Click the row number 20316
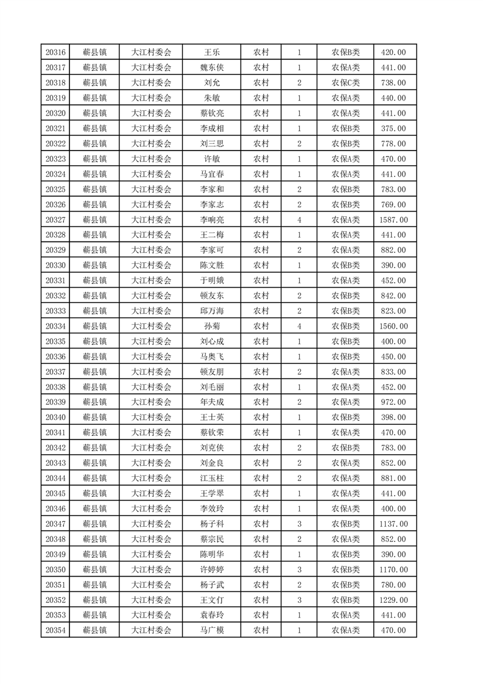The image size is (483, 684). click(55, 52)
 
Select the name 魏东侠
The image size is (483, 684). click(211, 68)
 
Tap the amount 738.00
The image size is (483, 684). click(393, 83)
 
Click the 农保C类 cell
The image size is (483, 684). click(345, 83)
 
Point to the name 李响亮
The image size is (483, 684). click(211, 219)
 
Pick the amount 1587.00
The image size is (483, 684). click(393, 219)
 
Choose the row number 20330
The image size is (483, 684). click(55, 265)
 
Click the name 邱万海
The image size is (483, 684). click(211, 311)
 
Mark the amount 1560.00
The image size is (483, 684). click(393, 326)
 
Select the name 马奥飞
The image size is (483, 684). click(211, 357)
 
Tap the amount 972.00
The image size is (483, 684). click(393, 402)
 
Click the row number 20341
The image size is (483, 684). click(55, 433)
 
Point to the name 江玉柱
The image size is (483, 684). click(211, 478)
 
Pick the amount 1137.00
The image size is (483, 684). click(393, 524)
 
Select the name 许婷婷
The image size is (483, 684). click(211, 569)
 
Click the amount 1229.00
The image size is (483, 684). click(393, 600)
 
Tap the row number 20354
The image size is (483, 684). click(55, 630)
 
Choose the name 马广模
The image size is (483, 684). click(211, 630)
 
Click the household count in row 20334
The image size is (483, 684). click(299, 326)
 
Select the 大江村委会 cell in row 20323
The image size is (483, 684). click(152, 159)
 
